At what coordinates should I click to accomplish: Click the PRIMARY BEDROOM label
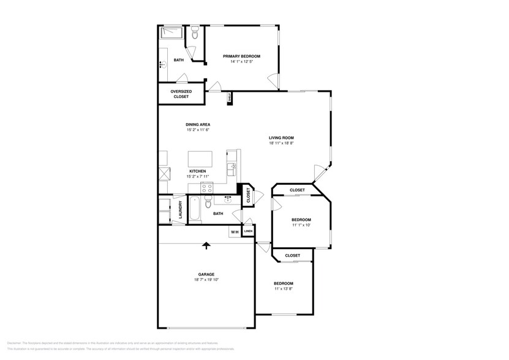coord(241,56)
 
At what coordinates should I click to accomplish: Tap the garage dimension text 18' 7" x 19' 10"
coord(206,280)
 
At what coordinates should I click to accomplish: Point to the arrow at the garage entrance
coord(206,245)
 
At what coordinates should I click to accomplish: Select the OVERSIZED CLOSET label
coord(181,94)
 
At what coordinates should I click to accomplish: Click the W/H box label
coord(235,232)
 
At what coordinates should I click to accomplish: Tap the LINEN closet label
coord(248,231)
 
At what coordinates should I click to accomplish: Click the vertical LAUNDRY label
coord(181,210)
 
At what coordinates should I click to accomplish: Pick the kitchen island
coord(200,159)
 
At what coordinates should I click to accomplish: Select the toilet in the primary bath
coord(195,34)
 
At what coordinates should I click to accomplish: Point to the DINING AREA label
coord(198,124)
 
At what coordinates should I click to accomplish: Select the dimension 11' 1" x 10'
coord(301,225)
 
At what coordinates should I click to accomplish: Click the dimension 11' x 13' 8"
coord(283,289)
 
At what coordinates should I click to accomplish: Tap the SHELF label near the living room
coord(230,97)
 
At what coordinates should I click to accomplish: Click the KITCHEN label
coord(197,171)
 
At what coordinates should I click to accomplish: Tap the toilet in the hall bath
coord(208,203)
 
